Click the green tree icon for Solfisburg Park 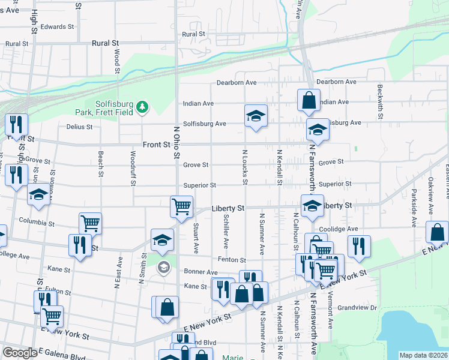(142, 107)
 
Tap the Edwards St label (57, 27)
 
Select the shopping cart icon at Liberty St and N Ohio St (181, 206)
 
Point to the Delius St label (79, 127)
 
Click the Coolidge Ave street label (339, 229)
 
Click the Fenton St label (232, 260)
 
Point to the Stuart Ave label (196, 238)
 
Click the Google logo (20, 353)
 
